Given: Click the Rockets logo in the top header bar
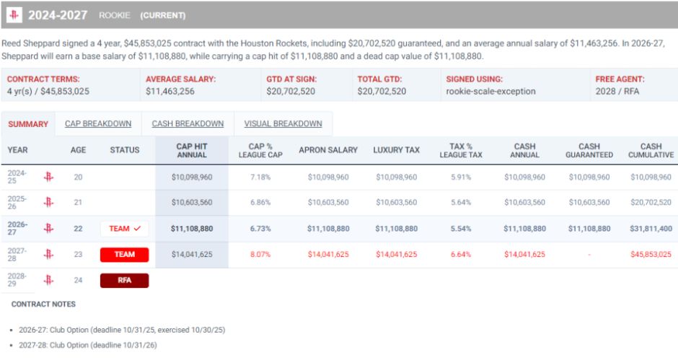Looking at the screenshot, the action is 14,15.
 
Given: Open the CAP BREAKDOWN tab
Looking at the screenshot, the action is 98,124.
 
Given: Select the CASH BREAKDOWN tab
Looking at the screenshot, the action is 188,124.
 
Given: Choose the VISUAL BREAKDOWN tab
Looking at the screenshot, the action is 283,124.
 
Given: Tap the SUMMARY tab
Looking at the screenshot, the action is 28,124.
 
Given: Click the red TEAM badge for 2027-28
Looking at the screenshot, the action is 125,255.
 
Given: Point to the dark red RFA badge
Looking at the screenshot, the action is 125,281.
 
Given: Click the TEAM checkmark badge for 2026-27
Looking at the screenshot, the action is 125,229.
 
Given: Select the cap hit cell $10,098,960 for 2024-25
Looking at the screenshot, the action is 192,177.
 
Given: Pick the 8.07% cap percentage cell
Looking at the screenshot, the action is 260,255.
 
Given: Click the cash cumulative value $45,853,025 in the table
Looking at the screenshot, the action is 651,255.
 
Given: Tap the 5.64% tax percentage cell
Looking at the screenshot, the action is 461,203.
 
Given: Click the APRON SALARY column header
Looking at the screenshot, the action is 328,150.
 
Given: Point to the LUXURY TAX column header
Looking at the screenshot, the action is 397,150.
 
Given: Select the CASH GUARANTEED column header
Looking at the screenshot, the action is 589,151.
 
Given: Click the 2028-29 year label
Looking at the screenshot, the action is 17,280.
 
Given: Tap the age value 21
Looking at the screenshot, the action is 78,203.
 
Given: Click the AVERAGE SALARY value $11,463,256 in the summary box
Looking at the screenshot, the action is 170,92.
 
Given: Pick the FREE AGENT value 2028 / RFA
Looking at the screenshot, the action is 617,92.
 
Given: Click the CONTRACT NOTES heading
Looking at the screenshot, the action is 43,304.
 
